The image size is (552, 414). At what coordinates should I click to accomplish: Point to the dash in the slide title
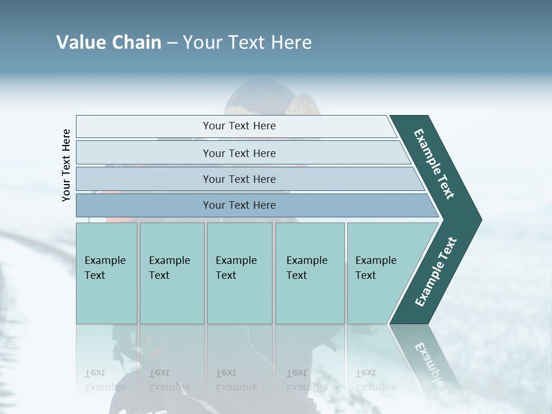[172, 43]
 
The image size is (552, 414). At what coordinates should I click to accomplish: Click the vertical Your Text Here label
[66, 165]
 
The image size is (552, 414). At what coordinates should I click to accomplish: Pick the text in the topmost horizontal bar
[239, 126]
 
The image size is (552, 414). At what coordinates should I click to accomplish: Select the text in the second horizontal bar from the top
[239, 154]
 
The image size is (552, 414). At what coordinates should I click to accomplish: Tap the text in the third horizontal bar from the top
[239, 179]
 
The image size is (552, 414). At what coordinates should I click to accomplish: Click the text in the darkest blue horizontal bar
[239, 205]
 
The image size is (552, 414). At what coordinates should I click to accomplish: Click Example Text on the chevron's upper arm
[435, 164]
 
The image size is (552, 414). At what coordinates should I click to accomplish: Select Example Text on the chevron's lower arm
[436, 271]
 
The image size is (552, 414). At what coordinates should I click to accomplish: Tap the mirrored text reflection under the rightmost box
[375, 380]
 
